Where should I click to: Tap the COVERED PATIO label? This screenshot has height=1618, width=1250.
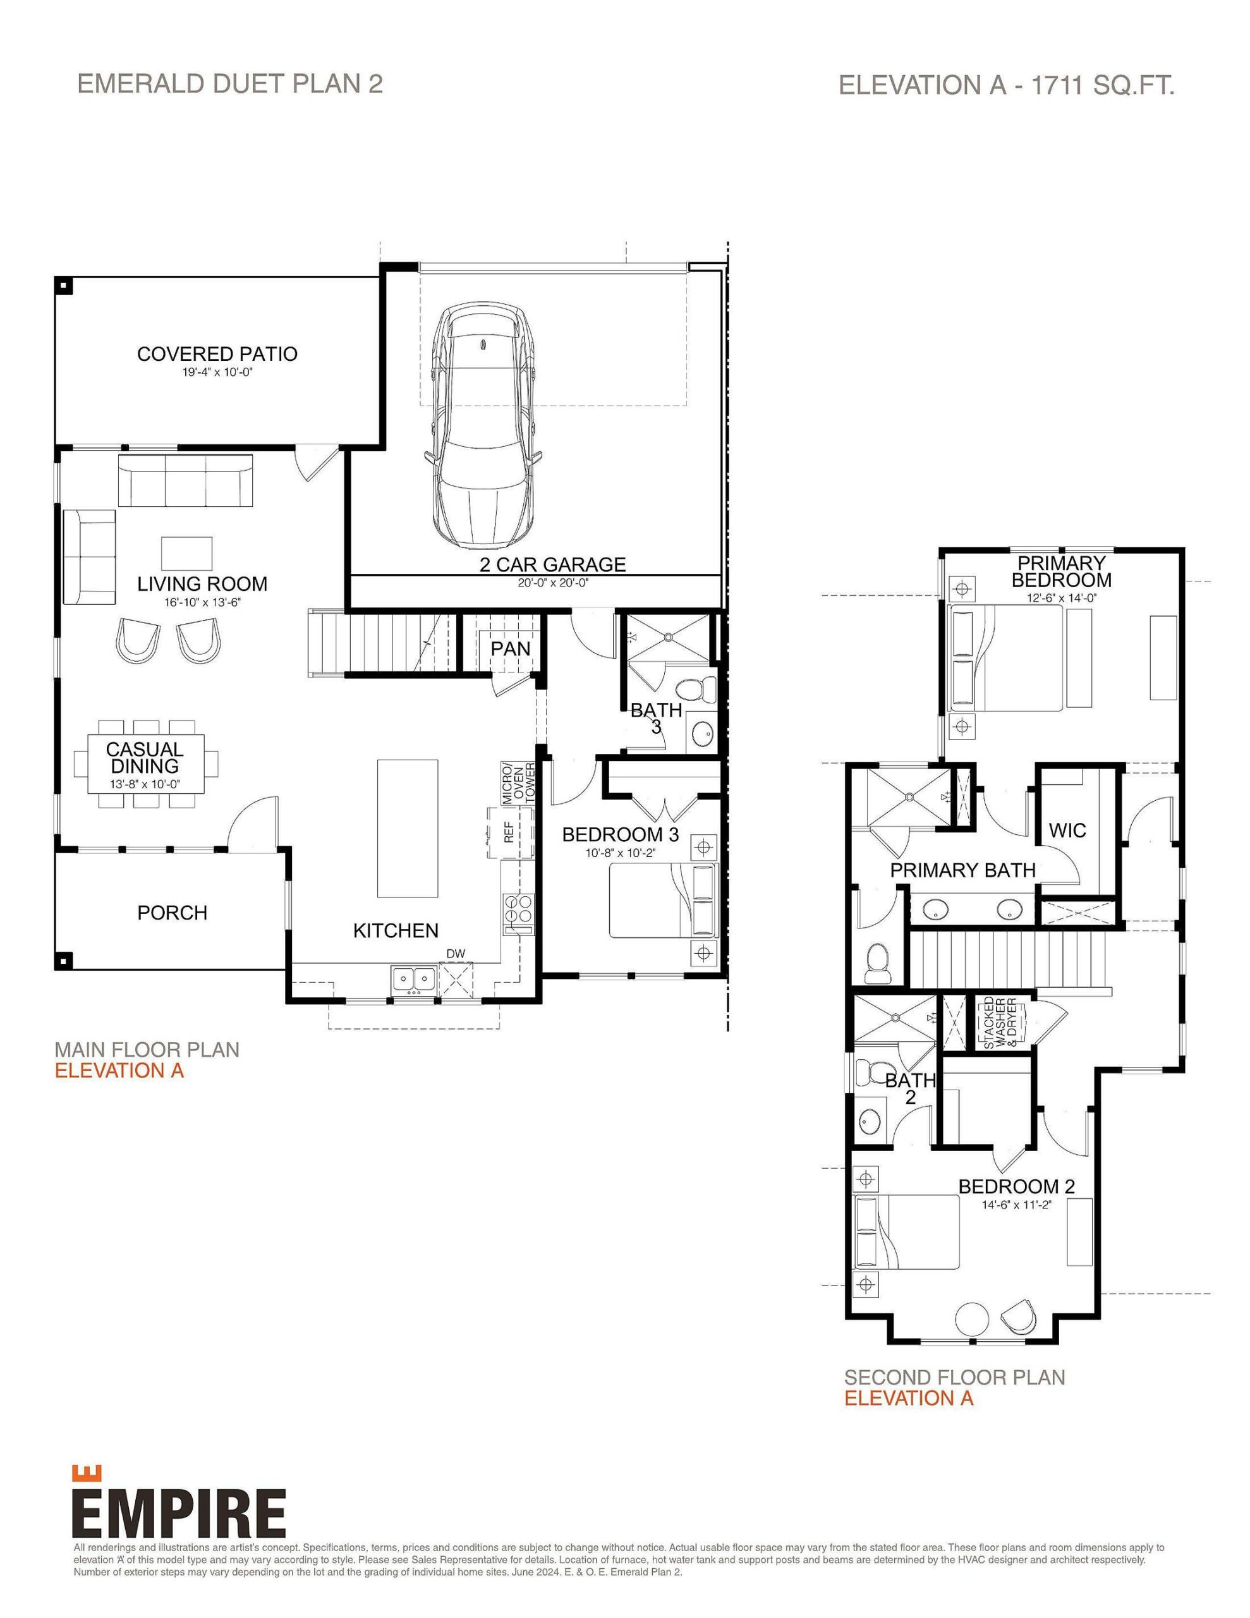point(217,354)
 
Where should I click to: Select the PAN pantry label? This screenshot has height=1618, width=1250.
point(511,648)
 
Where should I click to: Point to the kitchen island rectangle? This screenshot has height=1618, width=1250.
point(407,827)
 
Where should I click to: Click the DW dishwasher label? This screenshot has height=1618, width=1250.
point(456,954)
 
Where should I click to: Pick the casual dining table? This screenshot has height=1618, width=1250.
point(145,763)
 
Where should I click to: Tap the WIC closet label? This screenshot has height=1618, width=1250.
point(1067,830)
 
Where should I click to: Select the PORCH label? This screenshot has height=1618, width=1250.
point(172,913)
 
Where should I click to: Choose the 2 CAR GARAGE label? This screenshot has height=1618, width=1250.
point(552,564)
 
